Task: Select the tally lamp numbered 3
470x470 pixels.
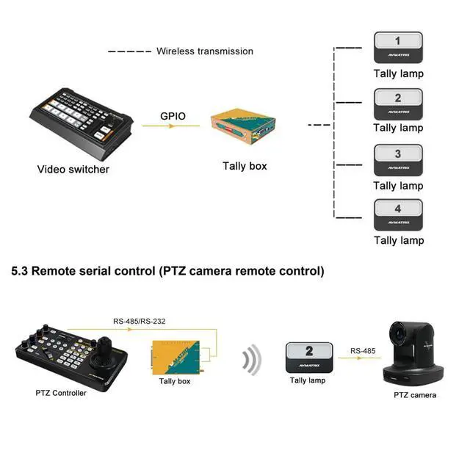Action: [398, 159]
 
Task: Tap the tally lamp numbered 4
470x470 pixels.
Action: [398, 214]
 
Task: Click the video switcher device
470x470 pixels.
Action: [82, 121]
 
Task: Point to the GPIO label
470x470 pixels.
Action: [173, 116]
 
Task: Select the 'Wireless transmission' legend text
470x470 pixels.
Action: [204, 51]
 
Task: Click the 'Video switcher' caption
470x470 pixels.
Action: [73, 170]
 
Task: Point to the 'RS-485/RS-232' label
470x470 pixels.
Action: [143, 320]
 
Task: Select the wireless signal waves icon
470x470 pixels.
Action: [252, 360]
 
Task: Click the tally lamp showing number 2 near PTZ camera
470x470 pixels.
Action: [308, 357]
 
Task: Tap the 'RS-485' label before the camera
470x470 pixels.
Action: [363, 351]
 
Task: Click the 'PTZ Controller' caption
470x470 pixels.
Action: [61, 393]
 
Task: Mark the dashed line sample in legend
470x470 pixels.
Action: [129, 51]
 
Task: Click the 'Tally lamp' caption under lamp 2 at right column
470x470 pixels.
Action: [398, 128]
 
